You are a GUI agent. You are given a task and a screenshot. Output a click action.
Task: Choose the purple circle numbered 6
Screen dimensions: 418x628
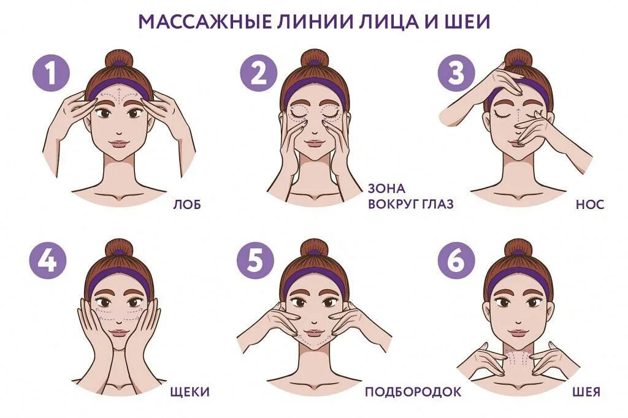[456, 262]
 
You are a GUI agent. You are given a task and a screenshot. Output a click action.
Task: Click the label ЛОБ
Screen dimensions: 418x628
[188, 205]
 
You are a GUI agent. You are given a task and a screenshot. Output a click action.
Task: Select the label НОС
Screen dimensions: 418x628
[589, 205]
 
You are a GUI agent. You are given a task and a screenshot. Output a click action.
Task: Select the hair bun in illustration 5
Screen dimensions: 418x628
[315, 248]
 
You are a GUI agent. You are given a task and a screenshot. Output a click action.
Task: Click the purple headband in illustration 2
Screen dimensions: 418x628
[315, 86]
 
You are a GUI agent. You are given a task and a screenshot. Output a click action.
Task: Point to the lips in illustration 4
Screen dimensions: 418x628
[118, 334]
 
